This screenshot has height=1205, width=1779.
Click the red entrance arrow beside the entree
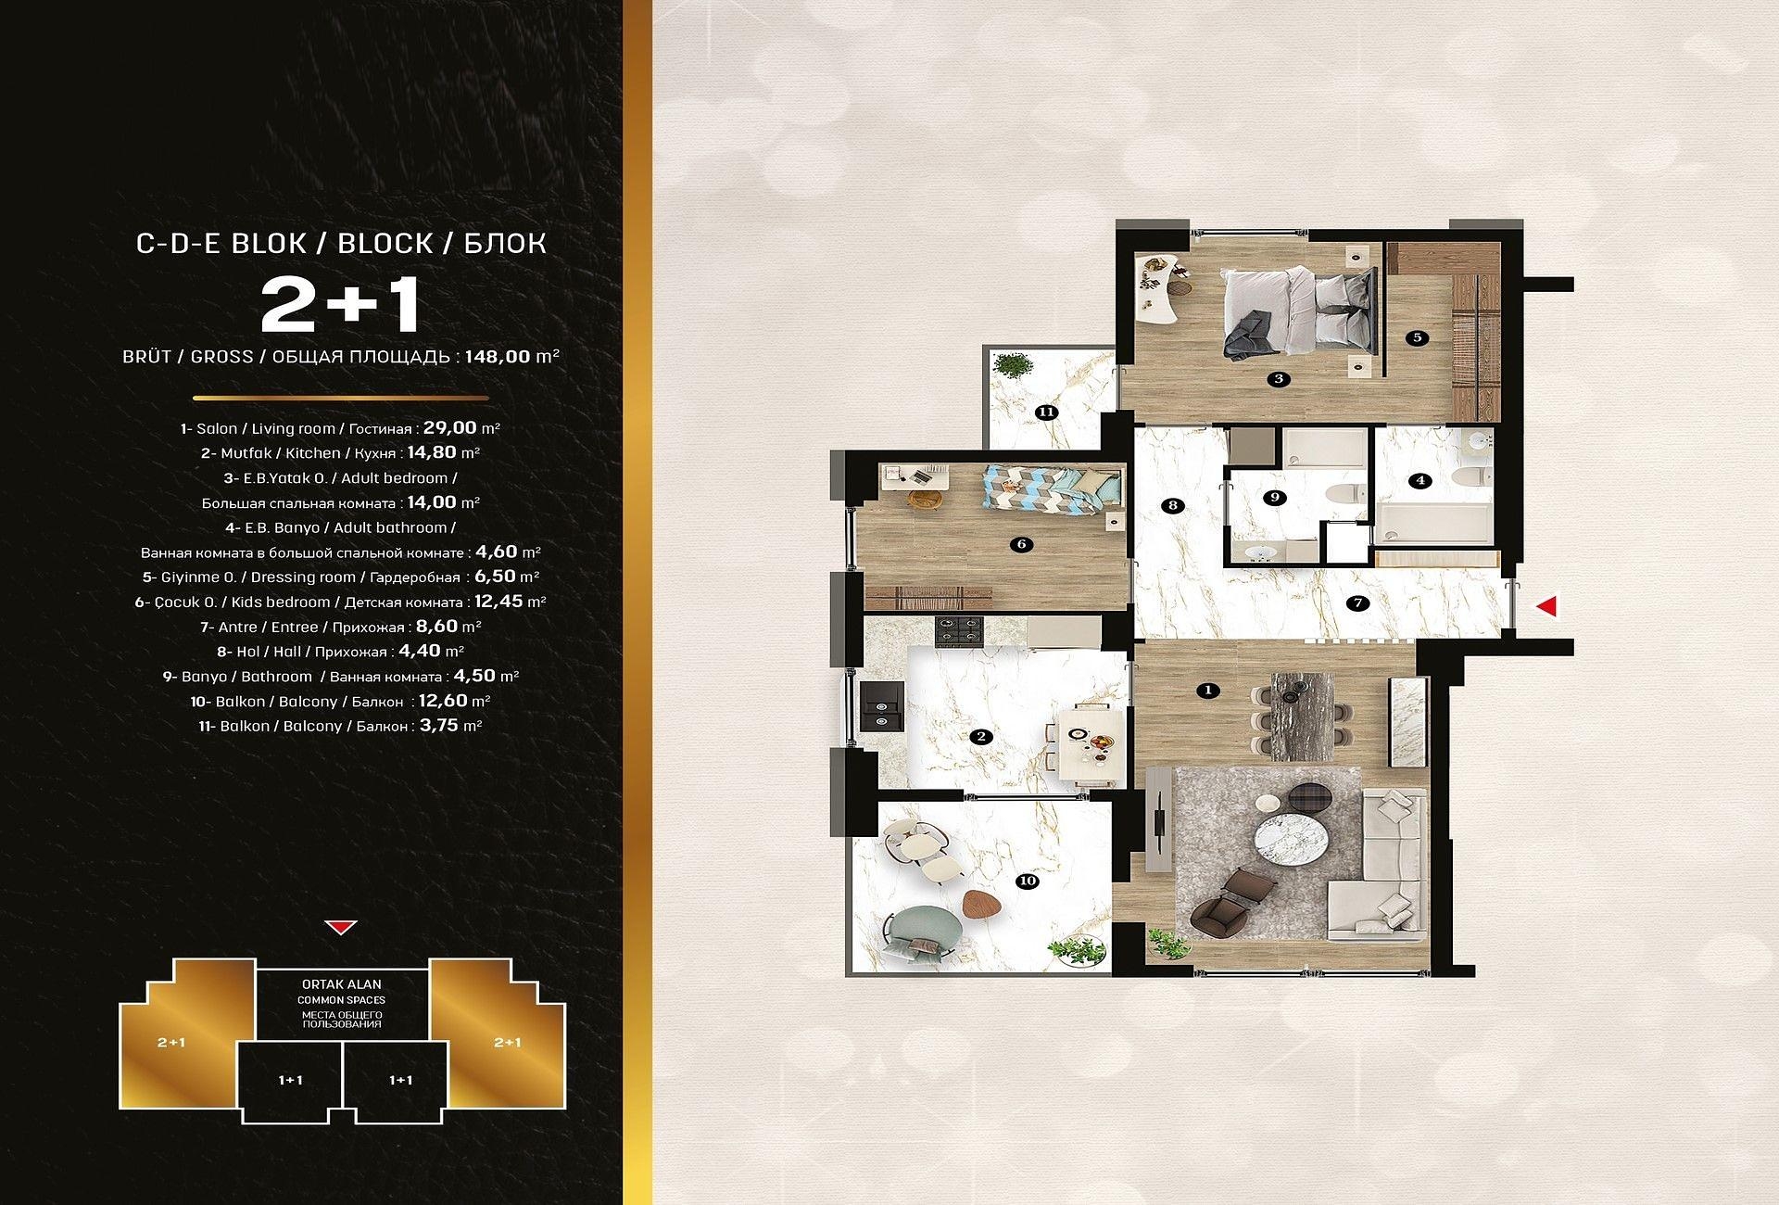pos(1547,607)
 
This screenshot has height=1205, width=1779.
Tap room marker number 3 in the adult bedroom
pos(1279,378)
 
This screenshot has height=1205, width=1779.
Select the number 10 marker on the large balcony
pos(1027,882)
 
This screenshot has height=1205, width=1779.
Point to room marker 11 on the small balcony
pos(1047,412)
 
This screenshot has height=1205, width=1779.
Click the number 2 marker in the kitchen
pos(980,737)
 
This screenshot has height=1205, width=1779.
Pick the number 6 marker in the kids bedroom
pos(1022,544)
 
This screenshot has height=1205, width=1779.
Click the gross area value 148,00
pos(498,356)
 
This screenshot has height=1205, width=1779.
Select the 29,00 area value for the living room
pos(450,427)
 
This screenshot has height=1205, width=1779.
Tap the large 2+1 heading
pos(341,306)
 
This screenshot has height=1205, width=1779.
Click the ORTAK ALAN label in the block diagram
pos(341,984)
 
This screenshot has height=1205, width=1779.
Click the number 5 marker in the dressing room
pos(1418,337)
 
